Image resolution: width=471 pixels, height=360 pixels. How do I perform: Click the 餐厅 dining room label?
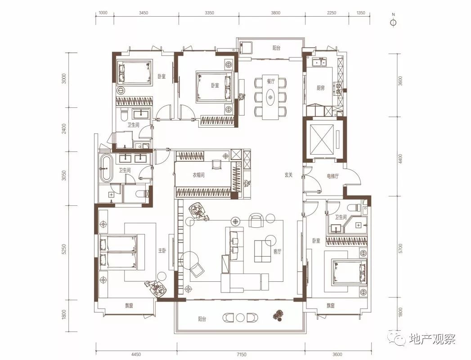pos(271,81)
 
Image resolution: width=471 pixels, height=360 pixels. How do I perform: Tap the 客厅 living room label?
pos(277,251)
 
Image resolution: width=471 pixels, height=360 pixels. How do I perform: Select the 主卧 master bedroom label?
pos(162,250)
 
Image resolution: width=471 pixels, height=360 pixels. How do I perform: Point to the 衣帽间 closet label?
pos(198,175)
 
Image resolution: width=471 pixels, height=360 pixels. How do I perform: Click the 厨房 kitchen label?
pos(320,88)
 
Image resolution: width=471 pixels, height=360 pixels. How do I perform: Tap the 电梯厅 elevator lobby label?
pos(333,176)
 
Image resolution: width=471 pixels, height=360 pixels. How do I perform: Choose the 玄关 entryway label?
pos(289,175)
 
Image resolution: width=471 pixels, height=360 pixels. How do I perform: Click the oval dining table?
pos(271,97)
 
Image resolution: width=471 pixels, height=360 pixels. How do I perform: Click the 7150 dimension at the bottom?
pos(241,355)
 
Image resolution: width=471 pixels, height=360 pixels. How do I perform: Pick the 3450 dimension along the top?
pos(144,13)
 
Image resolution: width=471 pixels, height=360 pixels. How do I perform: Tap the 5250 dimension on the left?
pos(63,249)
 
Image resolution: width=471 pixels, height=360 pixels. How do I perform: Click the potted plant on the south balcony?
pos(278,316)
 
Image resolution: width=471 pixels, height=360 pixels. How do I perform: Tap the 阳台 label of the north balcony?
pos(276,48)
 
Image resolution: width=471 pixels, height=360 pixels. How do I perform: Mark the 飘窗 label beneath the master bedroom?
pos(129,306)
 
